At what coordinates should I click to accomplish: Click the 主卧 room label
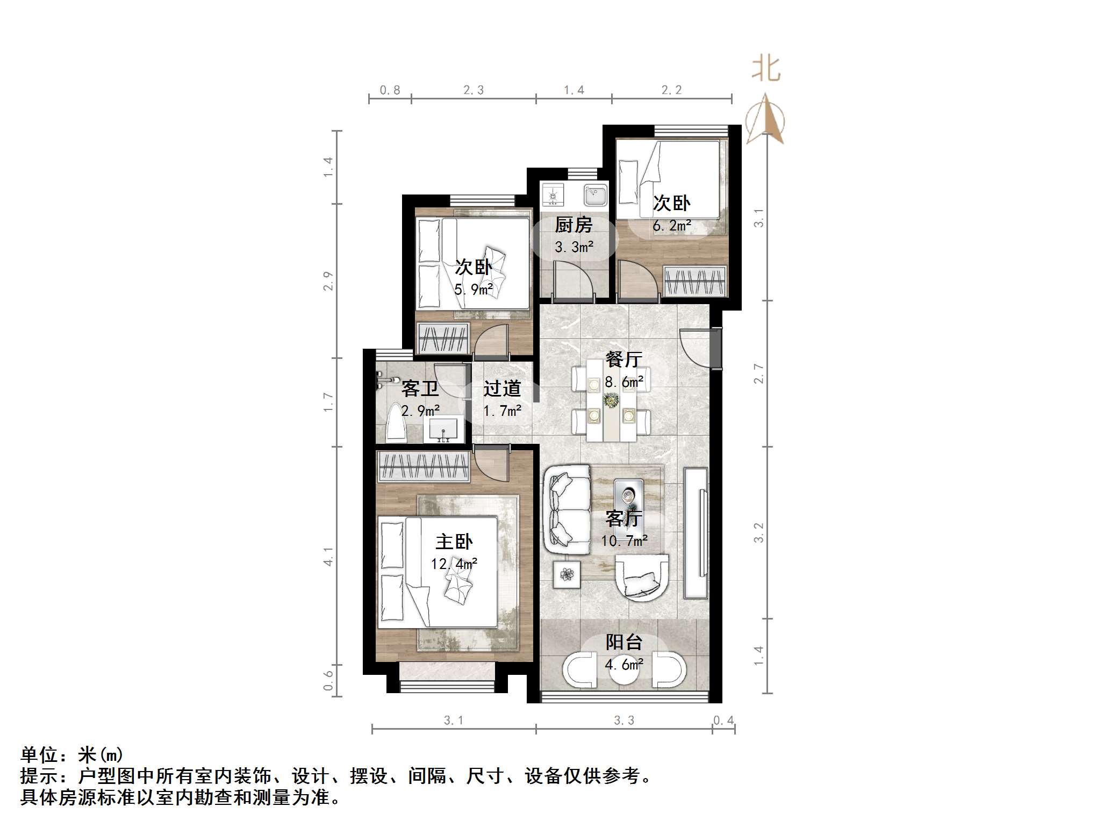pyautogui.click(x=454, y=541)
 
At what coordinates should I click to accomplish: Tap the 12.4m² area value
pyautogui.click(x=454, y=564)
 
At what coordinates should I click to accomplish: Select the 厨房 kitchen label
pyautogui.click(x=573, y=225)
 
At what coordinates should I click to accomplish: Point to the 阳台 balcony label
pyautogui.click(x=623, y=642)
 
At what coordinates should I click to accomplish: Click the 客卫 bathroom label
pyautogui.click(x=420, y=388)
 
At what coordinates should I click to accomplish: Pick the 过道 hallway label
pyautogui.click(x=501, y=388)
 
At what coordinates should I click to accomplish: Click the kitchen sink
pyautogui.click(x=596, y=195)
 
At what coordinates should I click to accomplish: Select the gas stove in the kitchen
pyautogui.click(x=552, y=195)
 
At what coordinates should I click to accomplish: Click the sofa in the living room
pyautogui.click(x=567, y=509)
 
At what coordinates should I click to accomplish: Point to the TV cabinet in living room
pyautogui.click(x=696, y=533)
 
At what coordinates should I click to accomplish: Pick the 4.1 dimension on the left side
pyautogui.click(x=328, y=556)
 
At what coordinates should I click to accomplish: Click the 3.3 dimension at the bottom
pyautogui.click(x=623, y=720)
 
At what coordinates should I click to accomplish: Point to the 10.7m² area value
pyautogui.click(x=623, y=541)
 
